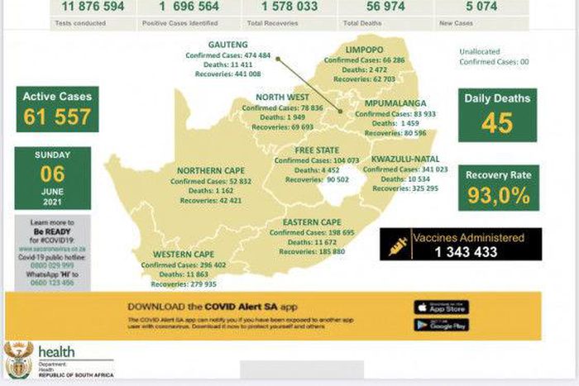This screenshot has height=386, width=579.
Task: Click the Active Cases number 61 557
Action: [57, 117]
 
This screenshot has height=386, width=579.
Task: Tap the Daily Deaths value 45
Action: [497, 123]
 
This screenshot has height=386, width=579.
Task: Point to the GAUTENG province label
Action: [228, 43]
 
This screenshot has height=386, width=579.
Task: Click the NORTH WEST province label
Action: [282, 98]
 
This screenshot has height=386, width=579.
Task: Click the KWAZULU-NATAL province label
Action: [405, 158]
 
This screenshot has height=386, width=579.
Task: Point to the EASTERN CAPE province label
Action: [311, 222]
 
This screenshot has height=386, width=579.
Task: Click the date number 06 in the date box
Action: [52, 174]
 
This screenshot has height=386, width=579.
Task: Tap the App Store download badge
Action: [441, 307]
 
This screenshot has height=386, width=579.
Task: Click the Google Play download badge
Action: [441, 325]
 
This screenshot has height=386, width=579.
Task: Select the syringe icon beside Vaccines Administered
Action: [398, 245]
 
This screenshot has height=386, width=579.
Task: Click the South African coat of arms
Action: [18, 360]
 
